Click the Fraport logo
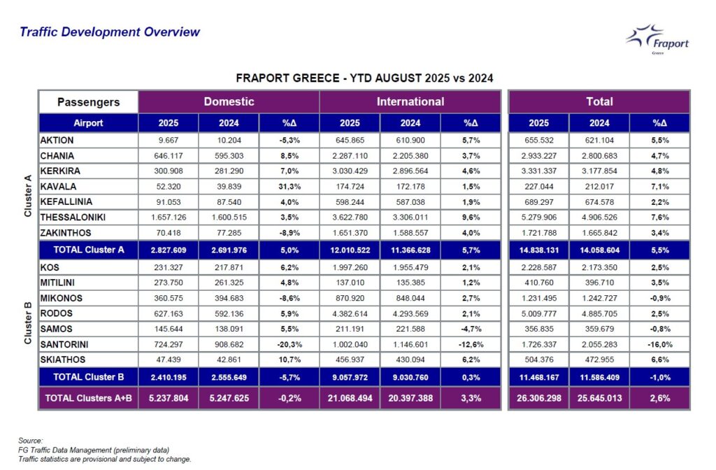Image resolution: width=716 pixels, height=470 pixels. [657, 40]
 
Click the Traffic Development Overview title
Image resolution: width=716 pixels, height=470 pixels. [110, 32]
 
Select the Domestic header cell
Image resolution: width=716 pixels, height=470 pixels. [229, 101]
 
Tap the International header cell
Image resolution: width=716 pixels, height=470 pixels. [410, 101]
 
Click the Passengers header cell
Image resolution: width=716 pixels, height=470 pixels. [88, 102]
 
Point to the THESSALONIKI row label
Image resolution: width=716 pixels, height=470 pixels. [73, 218]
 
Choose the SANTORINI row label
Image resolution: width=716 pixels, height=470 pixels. [64, 344]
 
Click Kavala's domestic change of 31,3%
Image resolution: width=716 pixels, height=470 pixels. [289, 186]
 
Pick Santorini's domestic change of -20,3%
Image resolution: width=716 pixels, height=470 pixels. [289, 344]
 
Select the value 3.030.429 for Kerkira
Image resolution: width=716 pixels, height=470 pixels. [350, 171]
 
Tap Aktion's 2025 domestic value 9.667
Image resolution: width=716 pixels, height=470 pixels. [169, 140]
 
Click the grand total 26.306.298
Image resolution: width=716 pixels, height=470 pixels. [539, 398]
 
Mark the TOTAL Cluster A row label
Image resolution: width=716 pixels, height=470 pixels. [89, 250]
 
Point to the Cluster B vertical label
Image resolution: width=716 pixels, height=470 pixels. [28, 322]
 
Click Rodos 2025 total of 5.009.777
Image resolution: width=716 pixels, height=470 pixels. [539, 314]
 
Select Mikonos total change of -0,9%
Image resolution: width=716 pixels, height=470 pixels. [660, 298]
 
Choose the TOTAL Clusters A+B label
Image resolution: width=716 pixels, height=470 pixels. [89, 398]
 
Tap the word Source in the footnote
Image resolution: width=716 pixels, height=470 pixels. [30, 441]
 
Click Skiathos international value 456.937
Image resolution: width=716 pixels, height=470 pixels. [350, 360]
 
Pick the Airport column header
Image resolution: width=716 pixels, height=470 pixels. [88, 123]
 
